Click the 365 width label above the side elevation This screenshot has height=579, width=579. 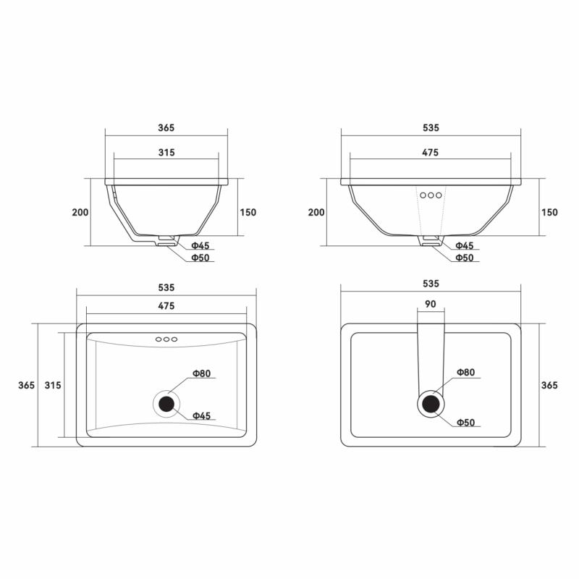pos(166,128)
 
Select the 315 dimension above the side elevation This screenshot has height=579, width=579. pos(166,153)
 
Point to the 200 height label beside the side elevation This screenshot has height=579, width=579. pos(80,212)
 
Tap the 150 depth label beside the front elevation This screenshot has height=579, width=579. pos(549,212)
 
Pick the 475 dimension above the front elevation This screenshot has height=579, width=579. pos(430,153)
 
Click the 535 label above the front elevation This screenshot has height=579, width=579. pos(431,128)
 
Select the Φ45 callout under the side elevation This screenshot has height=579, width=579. pos(200,245)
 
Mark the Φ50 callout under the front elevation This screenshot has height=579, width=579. pos(465,258)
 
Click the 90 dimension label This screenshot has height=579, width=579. pos(431,304)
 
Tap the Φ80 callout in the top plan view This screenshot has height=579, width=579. pos(202,373)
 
